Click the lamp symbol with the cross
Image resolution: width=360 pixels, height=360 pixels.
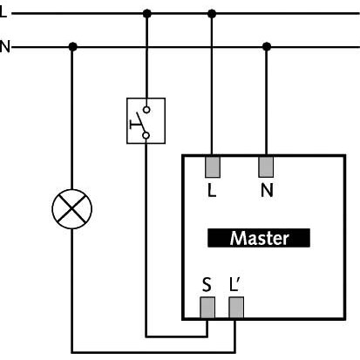[x=72, y=209]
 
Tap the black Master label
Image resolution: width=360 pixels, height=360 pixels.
[x=259, y=238]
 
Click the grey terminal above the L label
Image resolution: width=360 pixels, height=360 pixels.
[x=213, y=167]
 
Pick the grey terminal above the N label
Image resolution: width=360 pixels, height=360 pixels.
[x=266, y=167]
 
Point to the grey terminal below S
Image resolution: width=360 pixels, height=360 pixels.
[x=207, y=308]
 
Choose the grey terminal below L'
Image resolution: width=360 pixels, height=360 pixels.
[x=236, y=308]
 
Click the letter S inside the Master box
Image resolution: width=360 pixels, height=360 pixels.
[x=207, y=285]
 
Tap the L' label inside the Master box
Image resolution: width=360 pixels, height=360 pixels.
[x=234, y=284]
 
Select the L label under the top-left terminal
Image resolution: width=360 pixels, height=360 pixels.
[x=212, y=190]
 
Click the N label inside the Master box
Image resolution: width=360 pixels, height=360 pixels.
[x=267, y=190]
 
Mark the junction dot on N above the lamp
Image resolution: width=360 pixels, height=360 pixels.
[x=72, y=46]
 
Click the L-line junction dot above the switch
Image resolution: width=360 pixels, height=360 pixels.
[x=147, y=13]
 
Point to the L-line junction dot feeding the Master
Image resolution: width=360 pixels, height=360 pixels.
[x=212, y=13]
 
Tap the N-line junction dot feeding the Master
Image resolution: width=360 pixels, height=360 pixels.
[x=267, y=46]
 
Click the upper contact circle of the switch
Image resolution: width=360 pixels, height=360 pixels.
[x=147, y=110]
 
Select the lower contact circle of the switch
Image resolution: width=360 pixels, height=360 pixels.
[x=146, y=135]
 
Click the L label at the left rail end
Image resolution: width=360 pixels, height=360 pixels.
[x=3, y=12]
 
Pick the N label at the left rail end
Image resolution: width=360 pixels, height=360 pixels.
[x=4, y=46]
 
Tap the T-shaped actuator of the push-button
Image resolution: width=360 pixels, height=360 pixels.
[x=134, y=125]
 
